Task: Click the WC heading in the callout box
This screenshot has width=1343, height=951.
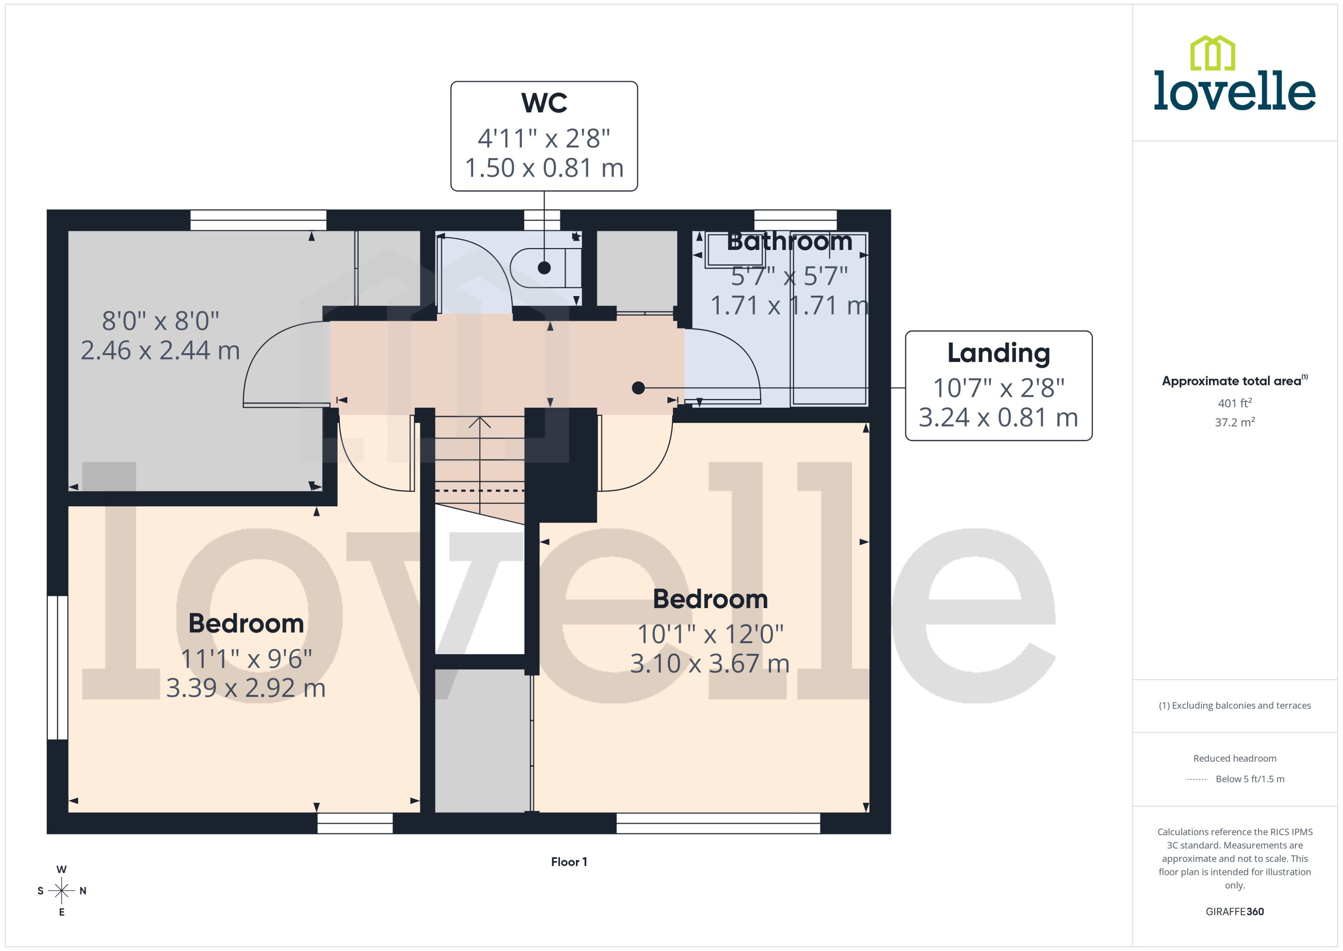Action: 544,103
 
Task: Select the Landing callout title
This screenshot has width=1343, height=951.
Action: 998,353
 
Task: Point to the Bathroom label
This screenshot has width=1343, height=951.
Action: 789,241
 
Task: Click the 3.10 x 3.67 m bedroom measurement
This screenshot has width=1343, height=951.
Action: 709,663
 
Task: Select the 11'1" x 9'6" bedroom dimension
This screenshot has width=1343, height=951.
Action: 246,659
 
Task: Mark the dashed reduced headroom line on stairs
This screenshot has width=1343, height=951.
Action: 480,491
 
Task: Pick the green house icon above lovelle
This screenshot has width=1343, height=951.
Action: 1213,53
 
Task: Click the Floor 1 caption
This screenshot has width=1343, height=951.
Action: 568,862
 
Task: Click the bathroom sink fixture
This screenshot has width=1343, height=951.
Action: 726,251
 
